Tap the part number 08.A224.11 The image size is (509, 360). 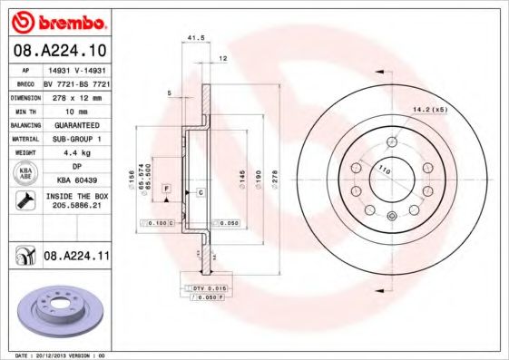[76, 258]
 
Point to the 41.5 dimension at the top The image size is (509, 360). [192, 37]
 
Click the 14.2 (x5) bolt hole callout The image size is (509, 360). [432, 111]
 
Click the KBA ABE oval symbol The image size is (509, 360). [24, 174]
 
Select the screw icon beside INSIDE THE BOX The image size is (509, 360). [24, 200]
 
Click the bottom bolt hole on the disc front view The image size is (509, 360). [391, 216]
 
